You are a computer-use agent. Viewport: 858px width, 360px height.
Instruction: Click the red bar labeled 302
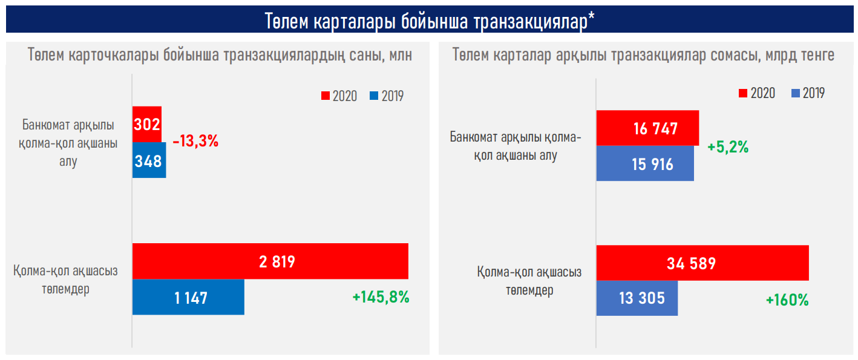click(x=147, y=125)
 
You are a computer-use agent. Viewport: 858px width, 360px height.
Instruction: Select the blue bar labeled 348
click(x=149, y=161)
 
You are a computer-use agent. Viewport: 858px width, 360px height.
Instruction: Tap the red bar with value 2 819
click(x=270, y=261)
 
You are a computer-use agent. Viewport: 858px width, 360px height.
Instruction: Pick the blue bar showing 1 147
click(x=188, y=297)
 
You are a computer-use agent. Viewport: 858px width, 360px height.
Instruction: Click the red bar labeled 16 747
click(x=647, y=128)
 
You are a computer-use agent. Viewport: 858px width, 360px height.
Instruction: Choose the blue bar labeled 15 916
click(x=645, y=163)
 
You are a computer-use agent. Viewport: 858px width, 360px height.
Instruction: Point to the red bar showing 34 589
click(x=702, y=263)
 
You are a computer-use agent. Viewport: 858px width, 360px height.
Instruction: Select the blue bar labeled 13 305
click(x=637, y=298)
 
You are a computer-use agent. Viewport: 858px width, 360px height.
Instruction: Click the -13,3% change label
click(x=195, y=142)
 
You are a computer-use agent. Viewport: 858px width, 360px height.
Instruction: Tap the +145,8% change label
click(x=381, y=297)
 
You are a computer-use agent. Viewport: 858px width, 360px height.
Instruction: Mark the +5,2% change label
click(x=728, y=146)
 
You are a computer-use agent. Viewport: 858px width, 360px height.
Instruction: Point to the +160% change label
click(x=787, y=299)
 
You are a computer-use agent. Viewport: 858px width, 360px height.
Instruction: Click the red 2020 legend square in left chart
click(x=325, y=96)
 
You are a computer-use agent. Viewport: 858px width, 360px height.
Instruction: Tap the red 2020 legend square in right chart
click(x=742, y=93)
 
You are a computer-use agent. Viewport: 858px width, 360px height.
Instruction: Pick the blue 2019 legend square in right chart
click(x=795, y=93)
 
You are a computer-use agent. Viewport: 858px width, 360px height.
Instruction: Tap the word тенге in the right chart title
click(x=814, y=55)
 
